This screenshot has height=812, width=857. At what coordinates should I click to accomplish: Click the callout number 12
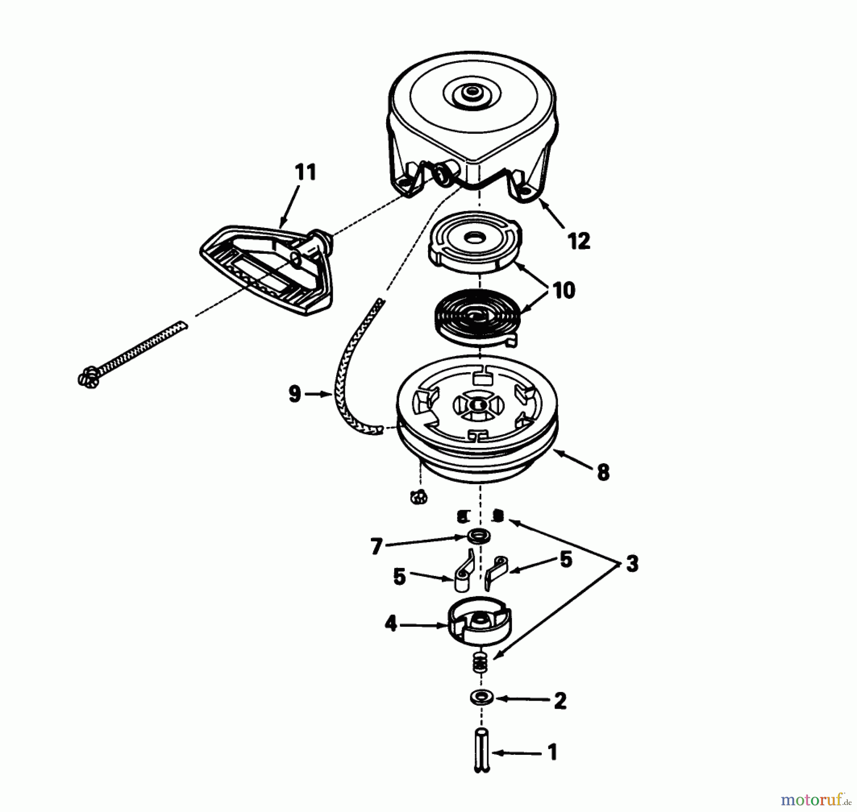pyautogui.click(x=579, y=241)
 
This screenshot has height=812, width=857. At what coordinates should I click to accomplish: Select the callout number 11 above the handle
pyautogui.click(x=305, y=172)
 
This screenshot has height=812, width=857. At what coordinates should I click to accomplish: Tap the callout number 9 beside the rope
pyautogui.click(x=295, y=394)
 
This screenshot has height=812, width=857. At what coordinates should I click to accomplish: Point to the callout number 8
pyautogui.click(x=603, y=473)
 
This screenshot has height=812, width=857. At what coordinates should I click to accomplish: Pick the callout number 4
pyautogui.click(x=390, y=624)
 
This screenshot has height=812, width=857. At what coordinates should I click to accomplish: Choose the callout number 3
pyautogui.click(x=631, y=564)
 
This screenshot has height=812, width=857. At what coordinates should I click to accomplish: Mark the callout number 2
pyautogui.click(x=560, y=701)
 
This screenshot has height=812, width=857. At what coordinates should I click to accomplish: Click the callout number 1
pyautogui.click(x=552, y=753)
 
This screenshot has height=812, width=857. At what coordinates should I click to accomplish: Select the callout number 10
pyautogui.click(x=564, y=290)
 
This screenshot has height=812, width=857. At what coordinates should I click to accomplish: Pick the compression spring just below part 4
pyautogui.click(x=480, y=663)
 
